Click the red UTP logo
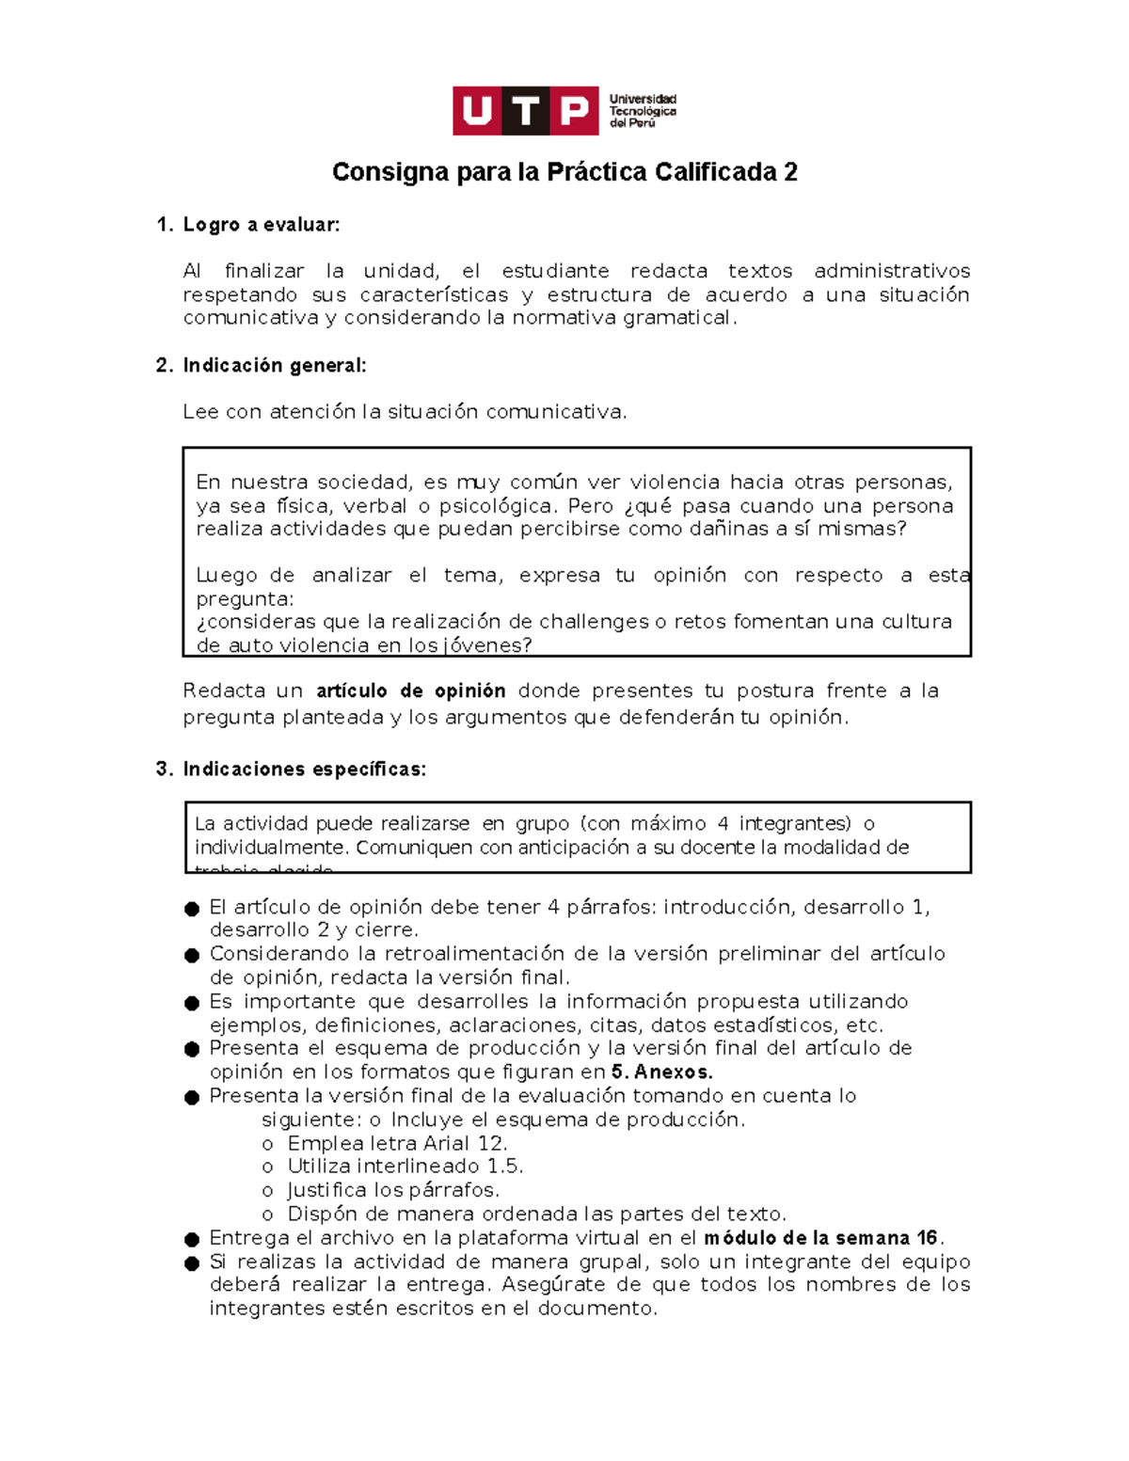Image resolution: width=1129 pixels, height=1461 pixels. tap(525, 111)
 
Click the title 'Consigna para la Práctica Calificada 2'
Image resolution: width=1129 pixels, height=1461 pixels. tap(564, 172)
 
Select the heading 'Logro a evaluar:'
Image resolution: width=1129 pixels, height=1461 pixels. tap(261, 225)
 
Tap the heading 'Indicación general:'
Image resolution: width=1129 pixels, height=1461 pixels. tap(274, 365)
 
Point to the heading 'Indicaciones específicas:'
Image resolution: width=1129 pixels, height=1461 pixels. tap(304, 769)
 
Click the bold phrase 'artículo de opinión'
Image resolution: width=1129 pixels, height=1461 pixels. tap(411, 691)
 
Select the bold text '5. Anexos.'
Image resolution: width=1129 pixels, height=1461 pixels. tap(661, 1072)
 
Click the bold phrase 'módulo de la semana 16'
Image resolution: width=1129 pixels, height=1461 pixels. tap(821, 1237)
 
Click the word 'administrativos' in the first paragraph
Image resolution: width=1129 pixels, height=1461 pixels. tap(891, 271)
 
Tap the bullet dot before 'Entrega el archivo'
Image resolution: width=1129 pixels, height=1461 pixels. tap(192, 1239)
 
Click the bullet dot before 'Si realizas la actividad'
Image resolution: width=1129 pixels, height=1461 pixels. tap(192, 1262)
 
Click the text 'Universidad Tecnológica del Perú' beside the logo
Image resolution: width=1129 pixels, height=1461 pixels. tap(643, 111)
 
